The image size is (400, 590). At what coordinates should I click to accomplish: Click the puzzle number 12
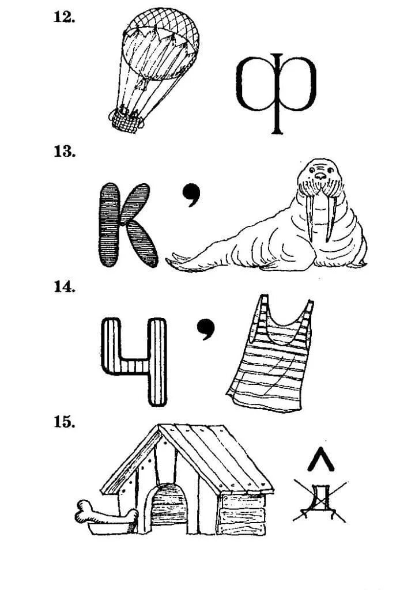coord(64,17)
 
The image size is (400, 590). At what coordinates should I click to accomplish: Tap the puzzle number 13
coord(65,152)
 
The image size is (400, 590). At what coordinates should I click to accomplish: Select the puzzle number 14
coord(65,287)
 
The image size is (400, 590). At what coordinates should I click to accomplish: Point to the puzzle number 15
coord(65,422)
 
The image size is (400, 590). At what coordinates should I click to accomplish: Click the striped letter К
coord(127,225)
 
